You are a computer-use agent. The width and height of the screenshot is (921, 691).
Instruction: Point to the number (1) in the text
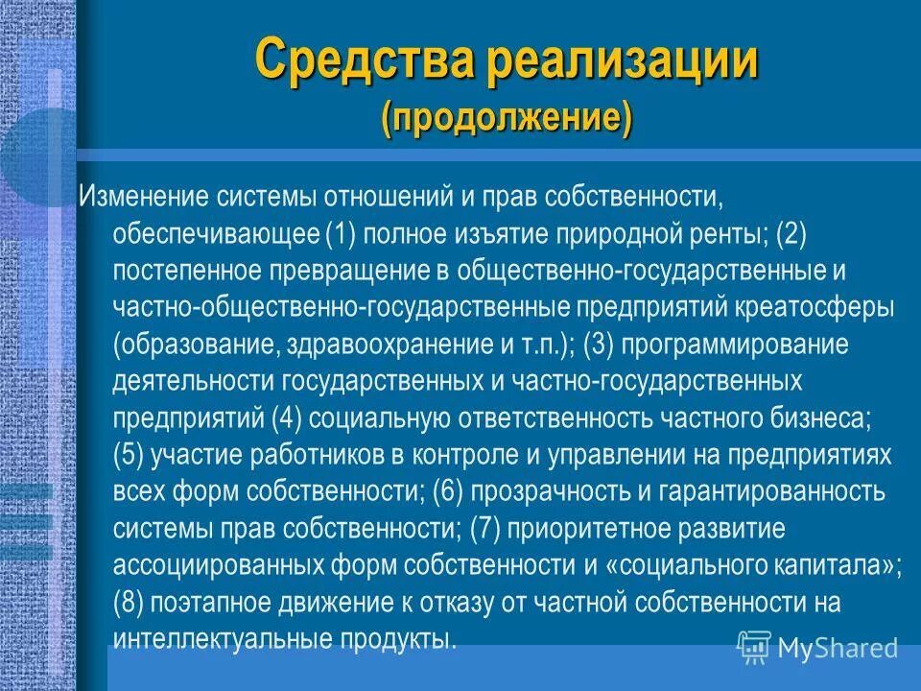(342, 234)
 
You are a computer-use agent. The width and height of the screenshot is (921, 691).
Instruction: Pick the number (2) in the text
(792, 234)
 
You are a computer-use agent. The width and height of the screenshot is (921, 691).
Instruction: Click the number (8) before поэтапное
(130, 602)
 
